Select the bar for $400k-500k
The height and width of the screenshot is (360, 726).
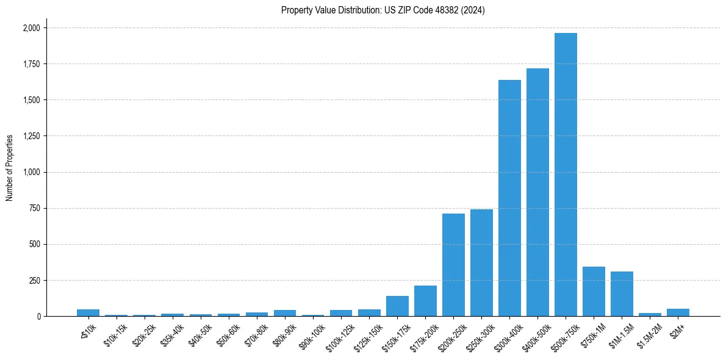point(537,192)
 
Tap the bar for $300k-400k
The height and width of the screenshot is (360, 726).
point(509,198)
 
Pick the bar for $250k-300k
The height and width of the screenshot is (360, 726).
point(481,263)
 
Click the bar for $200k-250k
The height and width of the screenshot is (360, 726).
point(453,265)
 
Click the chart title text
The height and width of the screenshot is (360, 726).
point(383,10)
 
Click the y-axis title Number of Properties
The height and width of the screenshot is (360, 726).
point(10,168)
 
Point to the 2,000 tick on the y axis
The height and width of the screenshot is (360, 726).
point(32,28)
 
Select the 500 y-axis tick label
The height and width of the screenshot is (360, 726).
point(35,245)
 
